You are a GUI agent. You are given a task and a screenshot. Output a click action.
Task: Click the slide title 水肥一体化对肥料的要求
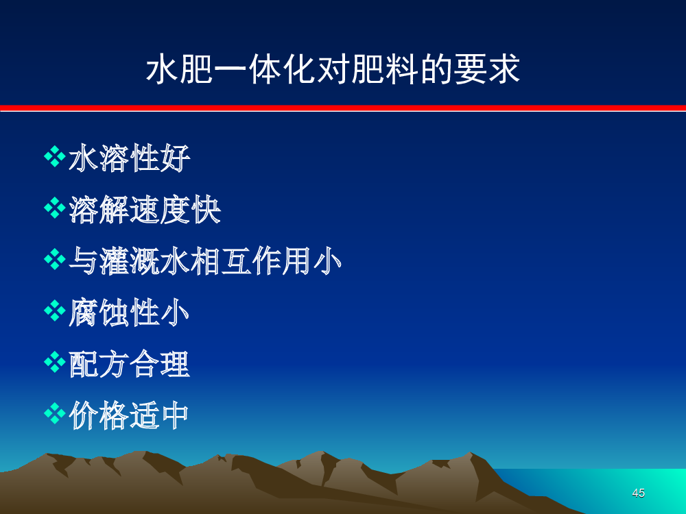333,69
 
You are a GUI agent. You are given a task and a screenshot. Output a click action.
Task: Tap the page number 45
638,493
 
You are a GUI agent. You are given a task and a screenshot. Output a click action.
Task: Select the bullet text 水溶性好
130,158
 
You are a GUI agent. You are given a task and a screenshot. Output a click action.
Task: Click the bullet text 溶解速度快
145,209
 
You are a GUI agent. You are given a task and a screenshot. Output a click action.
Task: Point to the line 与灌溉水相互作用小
204,261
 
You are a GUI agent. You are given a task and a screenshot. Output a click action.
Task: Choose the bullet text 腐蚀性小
129,312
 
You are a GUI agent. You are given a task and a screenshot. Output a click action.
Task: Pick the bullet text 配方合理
129,364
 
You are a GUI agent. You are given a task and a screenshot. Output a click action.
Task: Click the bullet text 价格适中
129,415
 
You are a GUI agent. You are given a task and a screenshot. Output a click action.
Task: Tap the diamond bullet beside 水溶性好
55,156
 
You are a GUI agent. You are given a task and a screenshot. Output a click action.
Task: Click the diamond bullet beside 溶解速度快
55,208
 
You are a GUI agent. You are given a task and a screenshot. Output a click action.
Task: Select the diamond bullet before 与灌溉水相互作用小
55,259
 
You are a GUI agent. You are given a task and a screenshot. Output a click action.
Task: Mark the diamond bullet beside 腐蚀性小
55,310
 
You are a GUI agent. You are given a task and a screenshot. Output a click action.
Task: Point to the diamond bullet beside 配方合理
55,362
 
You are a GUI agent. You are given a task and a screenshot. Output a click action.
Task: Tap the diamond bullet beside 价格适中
55,413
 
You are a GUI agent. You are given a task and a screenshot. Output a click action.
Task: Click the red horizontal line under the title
343,108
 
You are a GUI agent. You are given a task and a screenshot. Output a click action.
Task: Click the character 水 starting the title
162,69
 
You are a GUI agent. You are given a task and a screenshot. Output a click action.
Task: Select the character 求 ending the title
504,69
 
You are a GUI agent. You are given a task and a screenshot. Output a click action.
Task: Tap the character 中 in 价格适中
175,415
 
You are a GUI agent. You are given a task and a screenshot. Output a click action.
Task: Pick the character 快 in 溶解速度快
206,209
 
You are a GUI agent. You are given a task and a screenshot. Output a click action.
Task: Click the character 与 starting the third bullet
84,261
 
